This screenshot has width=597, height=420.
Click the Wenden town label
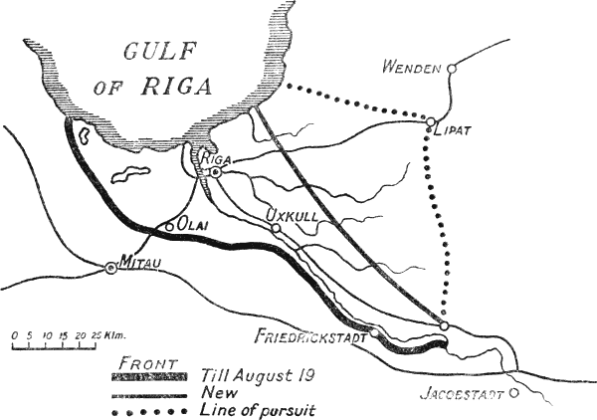tap(411, 68)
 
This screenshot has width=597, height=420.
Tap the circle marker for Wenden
tap(451, 68)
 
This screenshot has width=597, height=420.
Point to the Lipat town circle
tap(430, 124)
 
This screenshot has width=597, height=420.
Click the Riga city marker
tap(214, 172)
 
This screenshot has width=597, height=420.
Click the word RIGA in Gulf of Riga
tap(178, 86)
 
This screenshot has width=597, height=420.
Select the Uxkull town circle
tap(277, 228)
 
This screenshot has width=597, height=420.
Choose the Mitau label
tap(138, 261)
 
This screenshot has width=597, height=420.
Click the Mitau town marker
tap(110, 267)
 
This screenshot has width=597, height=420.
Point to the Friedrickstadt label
tap(310, 335)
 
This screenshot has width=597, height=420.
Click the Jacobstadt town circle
tap(513, 392)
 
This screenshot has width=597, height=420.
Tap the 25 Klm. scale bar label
tap(112, 335)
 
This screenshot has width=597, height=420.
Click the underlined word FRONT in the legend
tap(146, 361)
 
